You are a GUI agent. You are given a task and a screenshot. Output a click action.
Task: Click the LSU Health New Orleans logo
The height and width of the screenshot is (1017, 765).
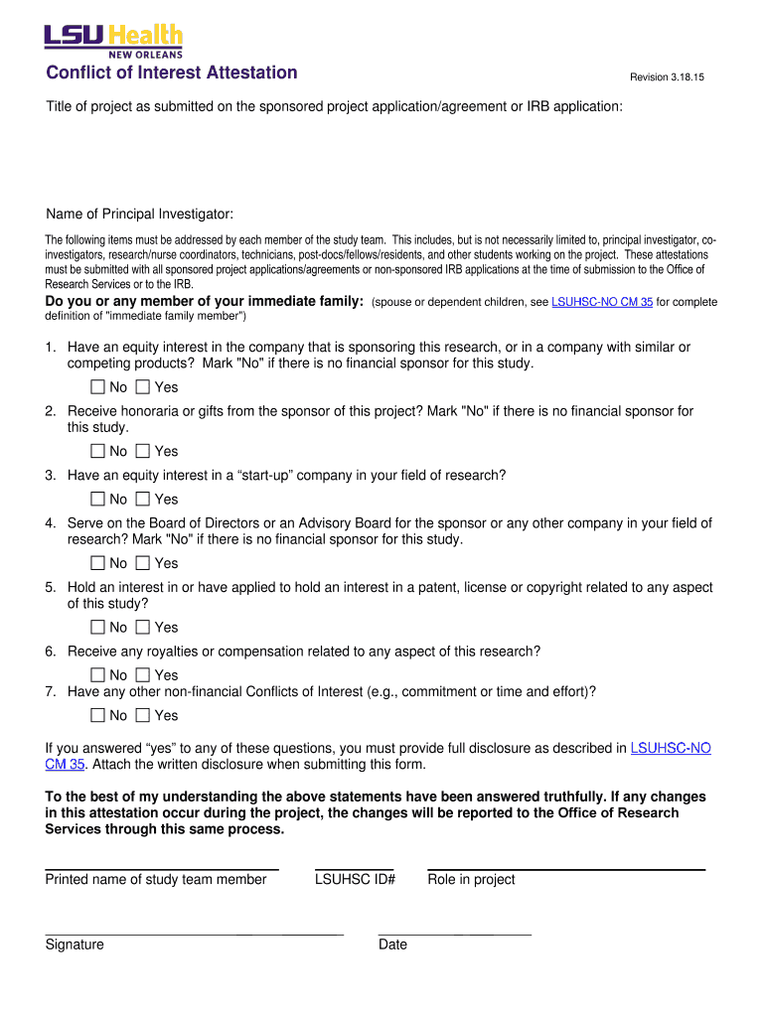point(113,41)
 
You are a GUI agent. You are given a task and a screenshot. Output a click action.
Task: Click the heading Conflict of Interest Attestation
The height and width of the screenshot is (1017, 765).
point(171,73)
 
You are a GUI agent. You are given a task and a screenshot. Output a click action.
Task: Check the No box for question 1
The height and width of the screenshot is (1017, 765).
point(97,387)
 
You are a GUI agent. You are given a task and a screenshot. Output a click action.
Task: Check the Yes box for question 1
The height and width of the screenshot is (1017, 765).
point(143,387)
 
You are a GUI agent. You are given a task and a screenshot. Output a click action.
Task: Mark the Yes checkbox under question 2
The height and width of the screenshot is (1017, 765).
point(143,451)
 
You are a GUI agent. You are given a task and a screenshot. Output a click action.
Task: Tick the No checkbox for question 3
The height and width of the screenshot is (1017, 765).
point(97,500)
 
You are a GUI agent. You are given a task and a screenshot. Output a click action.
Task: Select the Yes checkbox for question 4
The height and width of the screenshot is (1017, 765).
point(143,563)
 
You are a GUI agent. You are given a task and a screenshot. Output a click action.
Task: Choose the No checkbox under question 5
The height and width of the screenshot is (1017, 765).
point(97,627)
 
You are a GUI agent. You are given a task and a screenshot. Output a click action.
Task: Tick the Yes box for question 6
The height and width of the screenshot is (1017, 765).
point(143,675)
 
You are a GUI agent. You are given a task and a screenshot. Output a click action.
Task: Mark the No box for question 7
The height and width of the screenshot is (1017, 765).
point(97,715)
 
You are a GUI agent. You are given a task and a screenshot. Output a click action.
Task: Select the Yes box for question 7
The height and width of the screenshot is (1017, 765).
point(143,715)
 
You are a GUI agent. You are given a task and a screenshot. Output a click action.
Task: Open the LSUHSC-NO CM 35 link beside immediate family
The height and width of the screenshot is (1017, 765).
point(601,302)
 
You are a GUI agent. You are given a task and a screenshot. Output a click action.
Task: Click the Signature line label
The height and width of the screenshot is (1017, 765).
point(75,944)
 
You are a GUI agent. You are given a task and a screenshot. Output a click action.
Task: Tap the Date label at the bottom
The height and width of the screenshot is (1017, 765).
point(392,944)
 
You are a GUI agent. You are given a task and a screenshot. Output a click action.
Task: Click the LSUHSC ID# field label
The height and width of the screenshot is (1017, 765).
point(355,879)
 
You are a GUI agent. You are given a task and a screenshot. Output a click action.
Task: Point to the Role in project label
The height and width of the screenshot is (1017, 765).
point(471,879)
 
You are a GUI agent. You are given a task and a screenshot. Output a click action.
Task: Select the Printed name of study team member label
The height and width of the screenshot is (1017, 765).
point(156,879)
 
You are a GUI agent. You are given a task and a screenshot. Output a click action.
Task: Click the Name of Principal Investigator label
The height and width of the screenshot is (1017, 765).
point(139,215)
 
